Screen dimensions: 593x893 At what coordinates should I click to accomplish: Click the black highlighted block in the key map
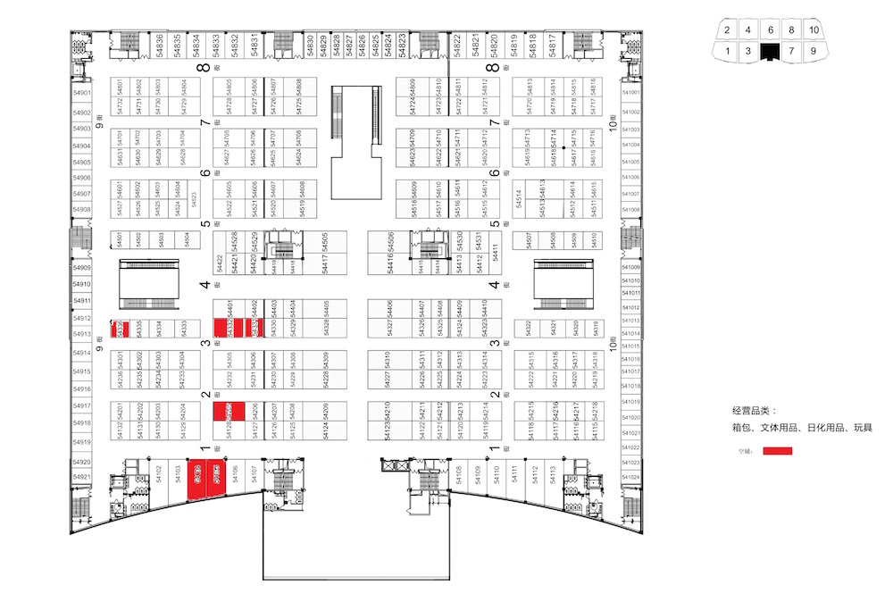771,51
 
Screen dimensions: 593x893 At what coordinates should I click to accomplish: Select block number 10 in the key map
813,30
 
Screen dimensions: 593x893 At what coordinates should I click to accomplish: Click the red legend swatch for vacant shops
776,451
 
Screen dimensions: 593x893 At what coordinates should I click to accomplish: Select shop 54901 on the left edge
82,93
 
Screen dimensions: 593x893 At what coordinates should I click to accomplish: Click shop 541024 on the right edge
630,476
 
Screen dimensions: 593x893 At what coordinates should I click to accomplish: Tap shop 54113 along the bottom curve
553,474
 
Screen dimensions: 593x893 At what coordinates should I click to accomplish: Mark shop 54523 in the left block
194,197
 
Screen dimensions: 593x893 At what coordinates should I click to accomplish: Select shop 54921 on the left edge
82,476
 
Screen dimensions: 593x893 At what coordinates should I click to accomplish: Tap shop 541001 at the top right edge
630,93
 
